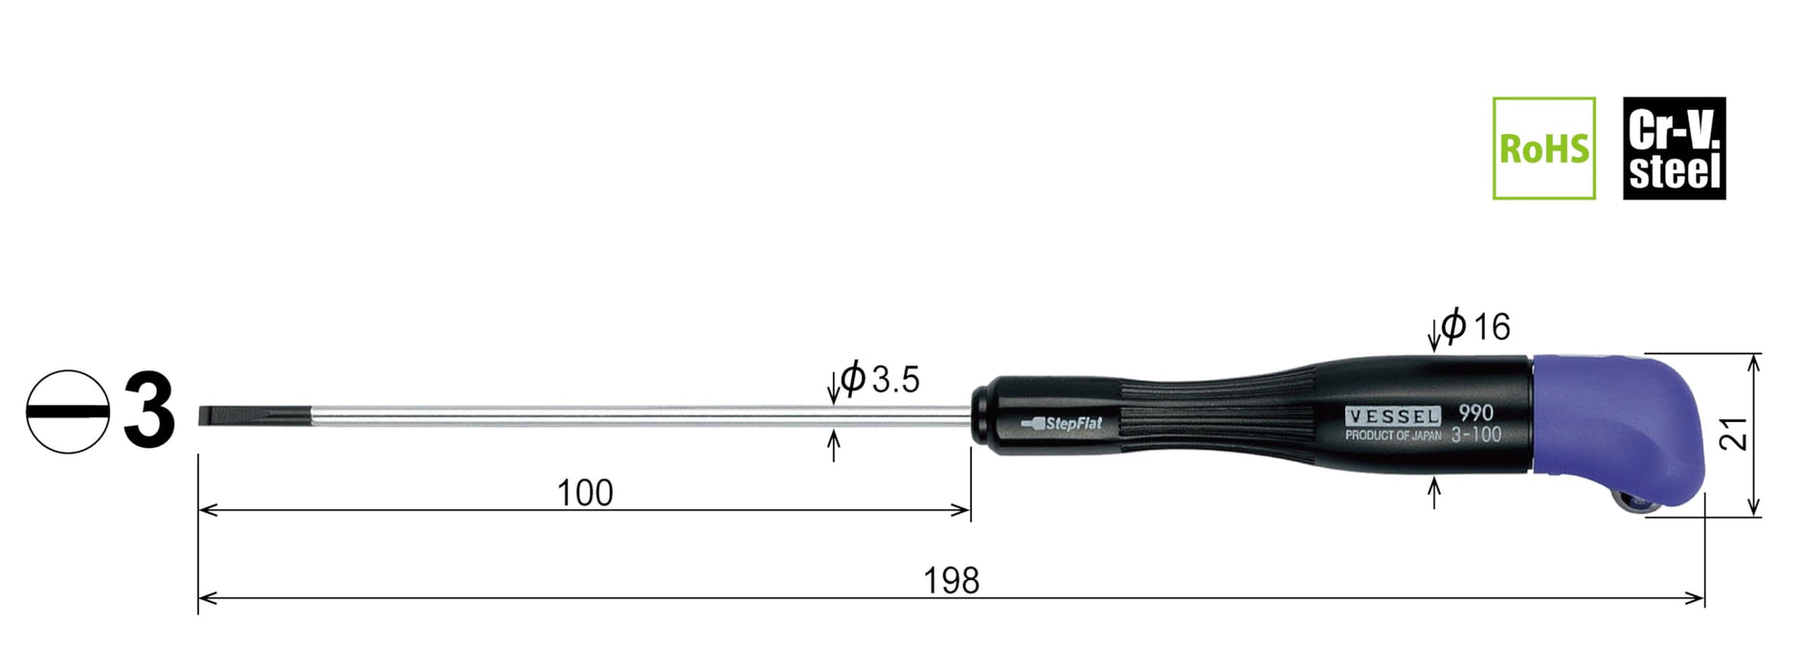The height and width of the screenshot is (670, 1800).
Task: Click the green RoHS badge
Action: (x=1543, y=148)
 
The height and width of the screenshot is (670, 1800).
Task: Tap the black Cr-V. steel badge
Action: (x=1674, y=148)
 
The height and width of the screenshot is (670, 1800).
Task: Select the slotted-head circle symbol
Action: (x=67, y=412)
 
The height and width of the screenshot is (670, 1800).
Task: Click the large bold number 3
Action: (x=149, y=412)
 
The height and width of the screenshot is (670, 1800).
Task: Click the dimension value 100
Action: (x=584, y=493)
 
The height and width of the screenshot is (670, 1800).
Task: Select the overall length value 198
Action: (x=951, y=581)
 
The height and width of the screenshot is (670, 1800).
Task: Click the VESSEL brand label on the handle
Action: (x=1392, y=416)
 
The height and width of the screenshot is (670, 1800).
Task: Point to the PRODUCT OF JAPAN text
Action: (x=1392, y=435)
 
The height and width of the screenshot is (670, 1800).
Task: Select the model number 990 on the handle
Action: (x=1475, y=413)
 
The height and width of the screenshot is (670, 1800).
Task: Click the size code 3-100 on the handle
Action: (x=1475, y=435)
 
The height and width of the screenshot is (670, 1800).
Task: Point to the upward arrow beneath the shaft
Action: (x=833, y=445)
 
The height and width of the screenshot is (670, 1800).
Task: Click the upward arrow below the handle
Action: (x=1433, y=492)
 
